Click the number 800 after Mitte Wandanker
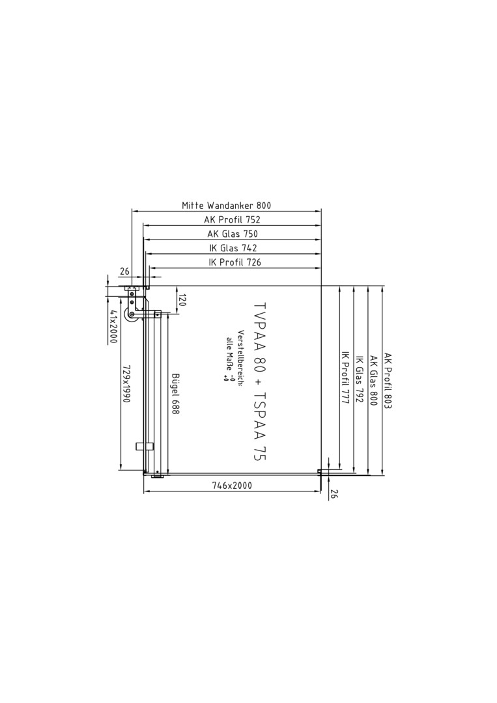click(264, 206)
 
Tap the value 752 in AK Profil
click(253, 220)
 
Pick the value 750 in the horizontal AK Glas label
click(251, 234)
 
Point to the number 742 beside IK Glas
click(249, 248)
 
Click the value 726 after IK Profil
click(254, 262)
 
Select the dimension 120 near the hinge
click(182, 300)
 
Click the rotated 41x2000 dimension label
click(113, 326)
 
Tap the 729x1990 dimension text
click(126, 383)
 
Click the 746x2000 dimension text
click(231, 485)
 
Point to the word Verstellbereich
click(240, 359)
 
